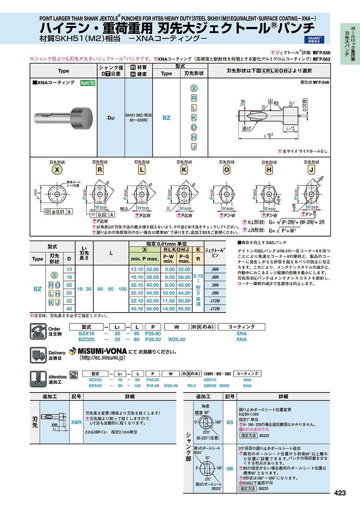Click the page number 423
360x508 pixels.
pos(339,493)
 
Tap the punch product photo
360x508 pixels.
pos(64,116)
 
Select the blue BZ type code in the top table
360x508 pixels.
pos(166,118)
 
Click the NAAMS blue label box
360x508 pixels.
pos(316,39)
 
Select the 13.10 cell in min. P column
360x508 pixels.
pos(136,269)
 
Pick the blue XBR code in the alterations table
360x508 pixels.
pos(76,422)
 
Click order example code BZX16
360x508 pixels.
pos(86,333)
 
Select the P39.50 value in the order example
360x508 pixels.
pos(152,339)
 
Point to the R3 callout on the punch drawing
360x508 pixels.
pos(276,103)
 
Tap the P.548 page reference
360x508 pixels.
pos(323,82)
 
